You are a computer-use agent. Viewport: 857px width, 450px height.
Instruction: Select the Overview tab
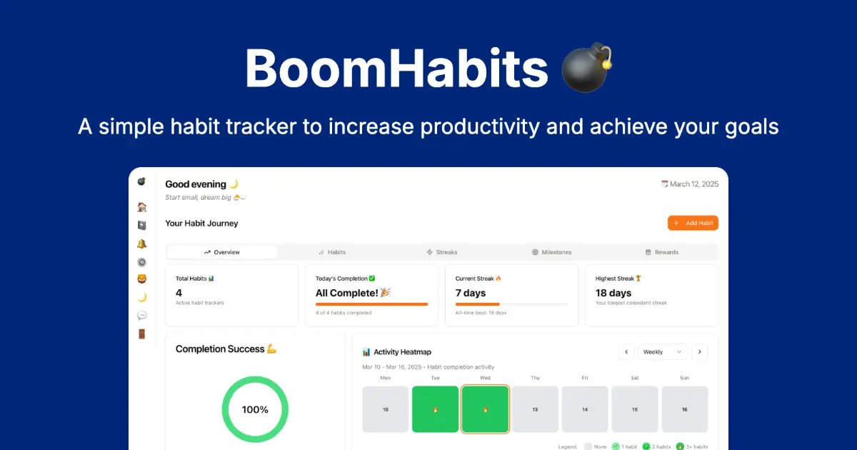pos(222,252)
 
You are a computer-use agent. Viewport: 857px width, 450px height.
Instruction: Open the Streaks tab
pos(442,252)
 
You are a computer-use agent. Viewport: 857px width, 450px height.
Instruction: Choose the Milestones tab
pos(551,252)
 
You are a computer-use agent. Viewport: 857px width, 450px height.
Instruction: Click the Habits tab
pos(332,252)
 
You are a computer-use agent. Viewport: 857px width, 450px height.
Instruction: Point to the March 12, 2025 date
pos(690,184)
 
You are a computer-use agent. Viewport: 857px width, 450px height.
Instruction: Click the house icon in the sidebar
pos(141,207)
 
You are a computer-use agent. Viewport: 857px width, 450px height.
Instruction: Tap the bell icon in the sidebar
pos(141,244)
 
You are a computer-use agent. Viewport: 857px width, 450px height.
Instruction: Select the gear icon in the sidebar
pos(141,262)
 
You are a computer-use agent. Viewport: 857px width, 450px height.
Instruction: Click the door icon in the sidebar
pos(141,334)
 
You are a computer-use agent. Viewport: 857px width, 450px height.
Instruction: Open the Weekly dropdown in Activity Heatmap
pos(663,351)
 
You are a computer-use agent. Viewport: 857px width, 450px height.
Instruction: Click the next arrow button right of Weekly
pos(700,351)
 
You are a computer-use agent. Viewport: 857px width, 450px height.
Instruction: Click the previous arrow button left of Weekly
pos(626,351)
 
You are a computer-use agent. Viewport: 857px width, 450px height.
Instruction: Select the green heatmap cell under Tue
pos(435,409)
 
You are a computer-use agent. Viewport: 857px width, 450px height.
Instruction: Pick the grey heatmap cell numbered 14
pos(585,409)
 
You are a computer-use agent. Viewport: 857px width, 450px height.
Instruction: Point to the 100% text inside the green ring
pos(255,409)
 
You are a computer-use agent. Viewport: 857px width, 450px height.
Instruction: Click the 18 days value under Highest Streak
pos(613,293)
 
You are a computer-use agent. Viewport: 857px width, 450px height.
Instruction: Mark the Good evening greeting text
pos(196,184)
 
